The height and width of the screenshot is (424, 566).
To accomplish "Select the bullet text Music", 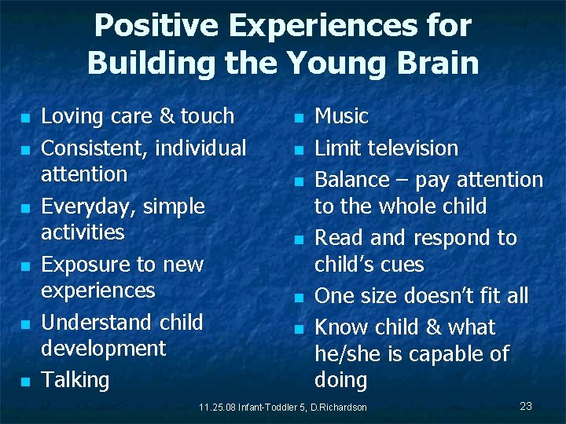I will pyautogui.click(x=341, y=116).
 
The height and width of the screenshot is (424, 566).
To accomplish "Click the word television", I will pyautogui.click(x=410, y=148).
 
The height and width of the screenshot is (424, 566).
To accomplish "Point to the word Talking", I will pyautogui.click(x=75, y=380).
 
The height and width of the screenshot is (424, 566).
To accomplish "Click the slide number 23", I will pyautogui.click(x=526, y=406).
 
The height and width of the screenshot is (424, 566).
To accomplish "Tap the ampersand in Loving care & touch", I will pyautogui.click(x=167, y=116).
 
